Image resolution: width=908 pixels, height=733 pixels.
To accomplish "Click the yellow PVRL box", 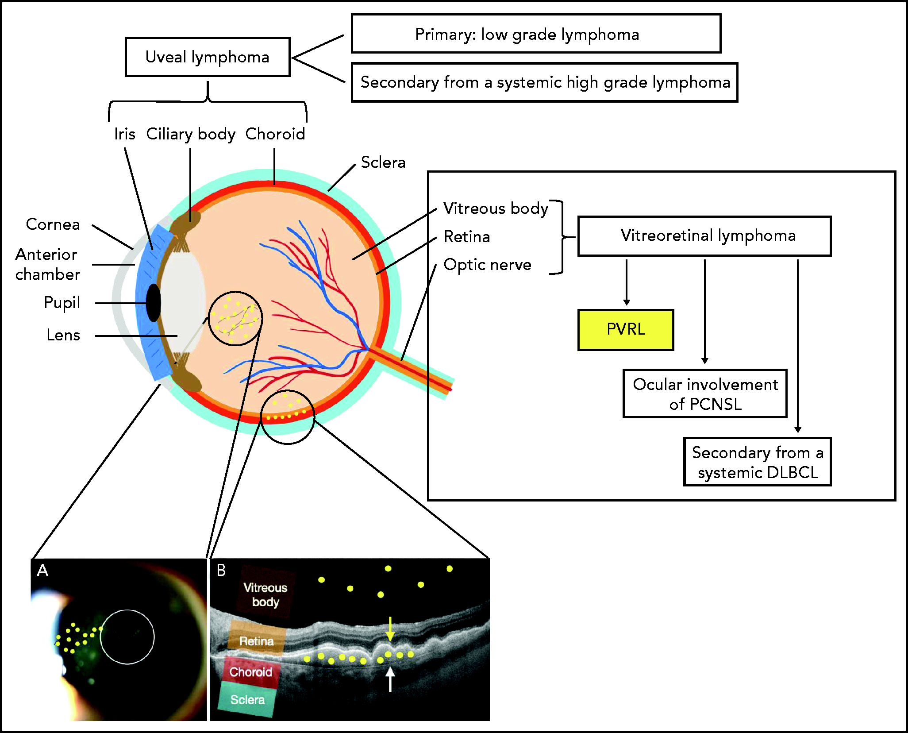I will [626, 330].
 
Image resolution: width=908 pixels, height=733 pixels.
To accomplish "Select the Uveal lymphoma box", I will [208, 57].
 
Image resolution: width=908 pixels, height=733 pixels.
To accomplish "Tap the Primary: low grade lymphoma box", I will [536, 34].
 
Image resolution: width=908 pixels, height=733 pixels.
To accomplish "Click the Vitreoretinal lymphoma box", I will [704, 235].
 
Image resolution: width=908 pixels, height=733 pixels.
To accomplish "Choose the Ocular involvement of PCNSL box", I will [705, 394].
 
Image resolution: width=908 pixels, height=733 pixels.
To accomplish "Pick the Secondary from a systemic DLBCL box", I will [757, 462].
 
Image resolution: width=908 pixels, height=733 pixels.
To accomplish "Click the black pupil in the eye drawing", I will [153, 303].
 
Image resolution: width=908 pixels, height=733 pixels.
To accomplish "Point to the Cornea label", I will [53, 224].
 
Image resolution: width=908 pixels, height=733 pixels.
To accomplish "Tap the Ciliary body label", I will [190, 134].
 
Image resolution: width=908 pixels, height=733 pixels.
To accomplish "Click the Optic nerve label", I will [487, 265].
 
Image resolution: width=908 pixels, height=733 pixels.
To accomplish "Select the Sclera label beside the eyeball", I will [383, 162].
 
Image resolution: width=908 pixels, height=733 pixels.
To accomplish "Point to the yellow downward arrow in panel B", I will [390, 629].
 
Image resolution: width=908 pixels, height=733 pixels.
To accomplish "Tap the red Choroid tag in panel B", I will [251, 672].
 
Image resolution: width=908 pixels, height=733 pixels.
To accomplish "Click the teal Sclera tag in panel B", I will [247, 700].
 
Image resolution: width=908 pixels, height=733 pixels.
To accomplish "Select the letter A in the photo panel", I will [42, 570].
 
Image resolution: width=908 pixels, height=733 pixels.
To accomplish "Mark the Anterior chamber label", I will [47, 264].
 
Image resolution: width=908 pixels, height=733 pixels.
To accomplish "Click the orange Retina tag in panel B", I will [256, 640].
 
